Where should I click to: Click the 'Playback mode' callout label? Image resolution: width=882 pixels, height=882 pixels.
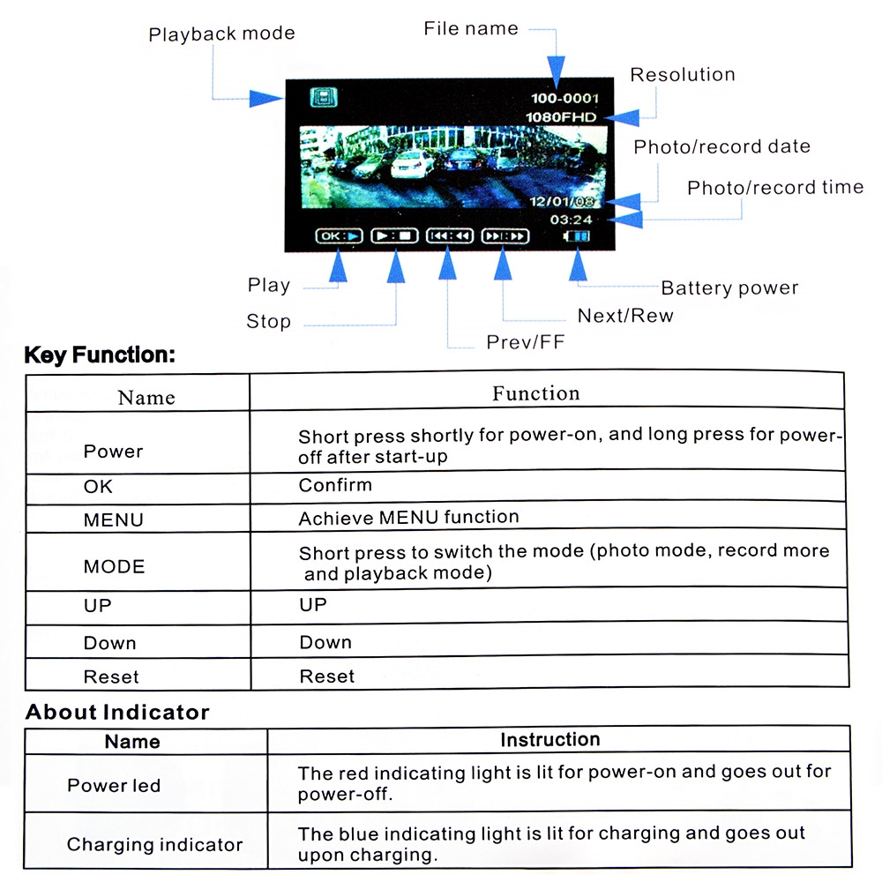point(221,34)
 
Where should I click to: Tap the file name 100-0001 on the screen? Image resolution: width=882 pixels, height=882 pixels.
point(564,99)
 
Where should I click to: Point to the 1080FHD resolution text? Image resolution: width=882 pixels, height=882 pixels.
point(561,117)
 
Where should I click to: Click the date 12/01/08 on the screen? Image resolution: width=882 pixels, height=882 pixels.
point(562,201)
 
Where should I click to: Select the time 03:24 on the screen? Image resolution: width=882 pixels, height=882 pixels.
point(571,220)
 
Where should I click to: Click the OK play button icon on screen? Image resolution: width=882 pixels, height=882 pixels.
point(340,235)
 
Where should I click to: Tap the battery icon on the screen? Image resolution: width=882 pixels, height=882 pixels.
point(577,236)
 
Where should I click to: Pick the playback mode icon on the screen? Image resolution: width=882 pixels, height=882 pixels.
point(324,97)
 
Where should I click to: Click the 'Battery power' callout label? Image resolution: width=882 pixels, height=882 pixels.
point(729,288)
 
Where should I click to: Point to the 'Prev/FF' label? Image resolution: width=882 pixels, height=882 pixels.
point(526,342)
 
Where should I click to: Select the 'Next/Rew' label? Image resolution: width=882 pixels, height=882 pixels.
point(625,316)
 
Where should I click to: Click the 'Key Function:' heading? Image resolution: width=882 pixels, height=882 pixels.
point(101,355)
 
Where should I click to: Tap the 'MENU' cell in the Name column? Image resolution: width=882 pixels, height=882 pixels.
point(114,519)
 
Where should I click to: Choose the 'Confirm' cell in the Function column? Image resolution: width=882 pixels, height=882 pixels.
point(335,485)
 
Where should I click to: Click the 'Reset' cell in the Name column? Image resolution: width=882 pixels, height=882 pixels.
point(111,676)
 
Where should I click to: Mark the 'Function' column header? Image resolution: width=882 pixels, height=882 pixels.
point(536,393)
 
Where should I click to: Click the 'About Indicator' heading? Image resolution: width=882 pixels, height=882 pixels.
point(117,712)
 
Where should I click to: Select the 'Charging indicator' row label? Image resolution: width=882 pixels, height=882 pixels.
point(154,844)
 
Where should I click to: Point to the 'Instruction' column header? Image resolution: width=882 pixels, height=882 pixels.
point(550,739)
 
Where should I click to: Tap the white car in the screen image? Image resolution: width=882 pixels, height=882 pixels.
point(412,164)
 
